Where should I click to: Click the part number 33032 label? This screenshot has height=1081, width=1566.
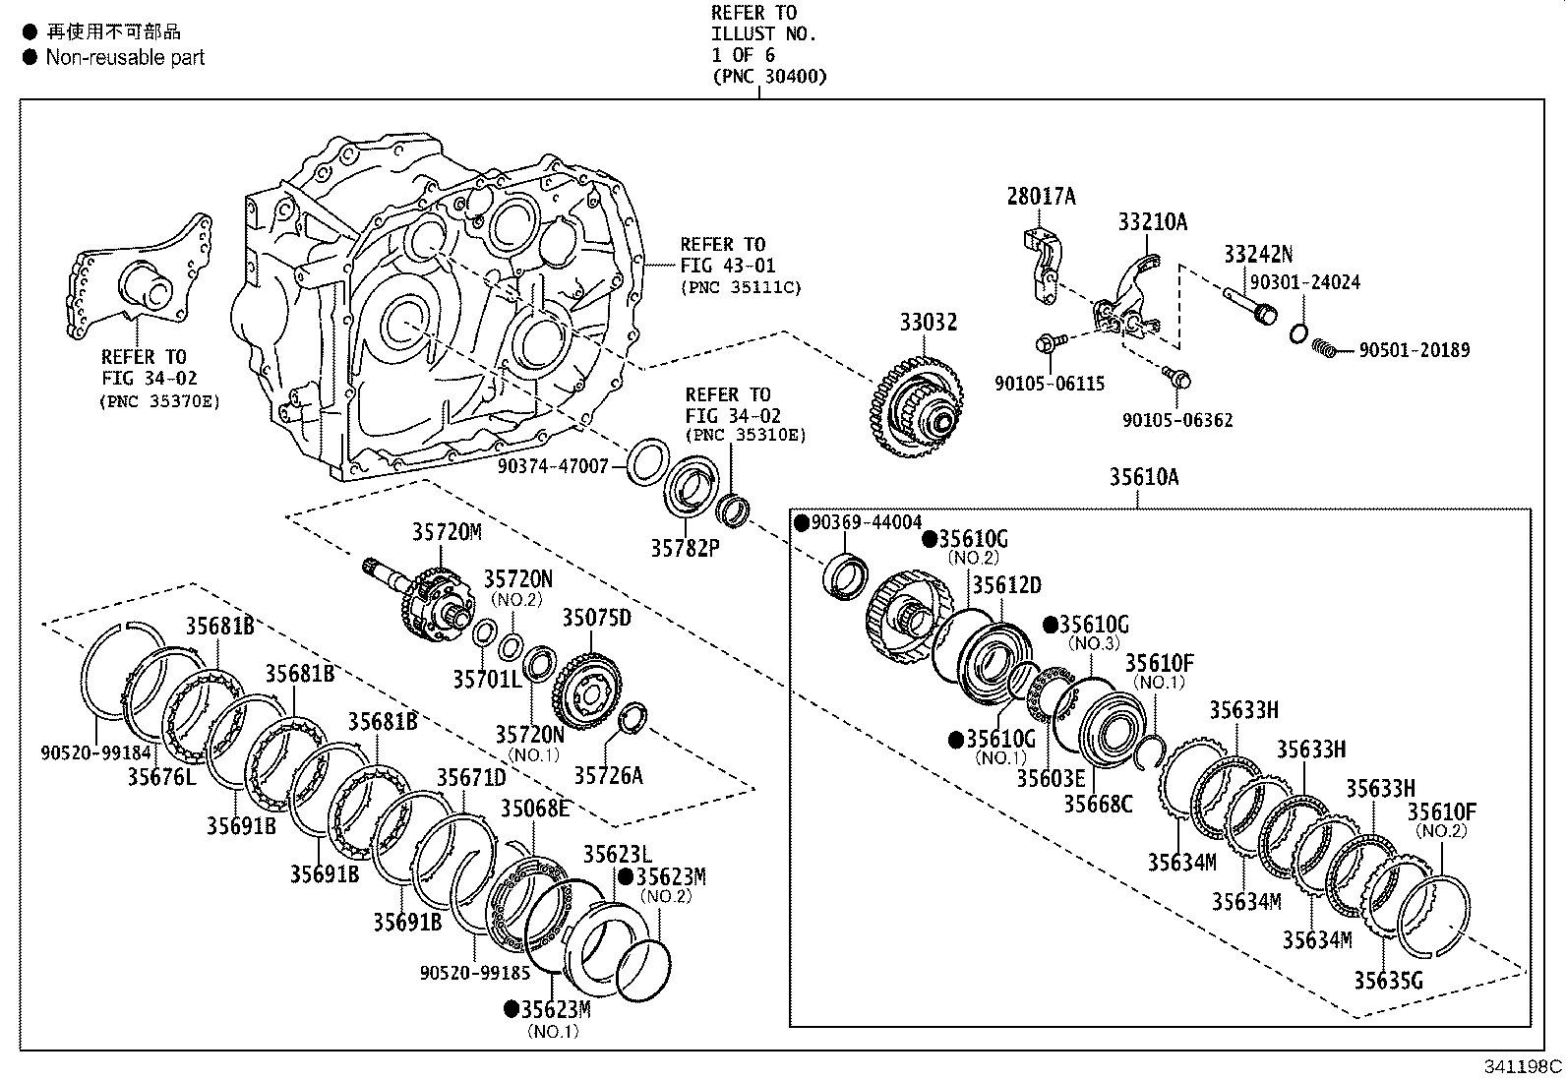pos(927,323)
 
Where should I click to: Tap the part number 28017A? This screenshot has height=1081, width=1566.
pos(1041,197)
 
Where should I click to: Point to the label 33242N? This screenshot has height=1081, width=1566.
pos(1257,255)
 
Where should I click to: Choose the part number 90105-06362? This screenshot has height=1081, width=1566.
pos(1177,421)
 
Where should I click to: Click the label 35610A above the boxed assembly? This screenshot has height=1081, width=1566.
pos(1143,477)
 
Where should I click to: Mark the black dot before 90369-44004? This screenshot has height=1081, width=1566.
pos(802,522)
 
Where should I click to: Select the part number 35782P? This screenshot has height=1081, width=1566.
pos(685,548)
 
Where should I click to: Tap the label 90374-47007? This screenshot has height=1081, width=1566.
pos(553,466)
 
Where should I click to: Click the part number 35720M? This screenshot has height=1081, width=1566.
pos(447,532)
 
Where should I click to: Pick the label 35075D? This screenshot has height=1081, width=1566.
pos(596,618)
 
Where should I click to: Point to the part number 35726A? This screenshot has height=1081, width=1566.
pos(608,776)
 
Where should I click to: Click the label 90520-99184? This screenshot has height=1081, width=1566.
pos(96,752)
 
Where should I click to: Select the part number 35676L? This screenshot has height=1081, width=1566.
pos(161,777)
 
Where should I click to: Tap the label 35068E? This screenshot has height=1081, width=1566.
pos(534,809)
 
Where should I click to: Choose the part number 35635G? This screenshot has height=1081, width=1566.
pos(1387,981)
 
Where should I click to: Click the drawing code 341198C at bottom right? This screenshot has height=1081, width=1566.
pos(1523,1066)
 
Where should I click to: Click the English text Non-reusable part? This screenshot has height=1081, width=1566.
pos(125,57)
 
